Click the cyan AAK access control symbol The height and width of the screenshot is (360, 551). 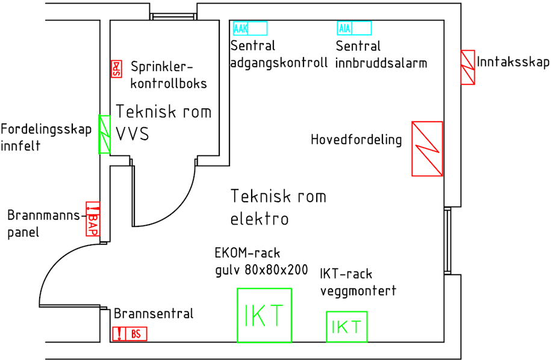249,28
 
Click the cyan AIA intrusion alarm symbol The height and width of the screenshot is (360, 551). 353,28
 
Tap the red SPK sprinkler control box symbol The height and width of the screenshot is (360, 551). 117,69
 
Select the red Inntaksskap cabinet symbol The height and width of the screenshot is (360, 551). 468,67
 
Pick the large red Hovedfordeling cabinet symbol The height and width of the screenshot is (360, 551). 427,149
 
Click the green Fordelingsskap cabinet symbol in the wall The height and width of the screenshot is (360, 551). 105,134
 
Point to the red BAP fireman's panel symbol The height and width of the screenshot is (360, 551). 93,219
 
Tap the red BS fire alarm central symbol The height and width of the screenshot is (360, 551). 129,334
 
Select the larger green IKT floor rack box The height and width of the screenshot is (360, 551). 264,315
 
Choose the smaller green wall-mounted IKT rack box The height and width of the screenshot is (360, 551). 346,327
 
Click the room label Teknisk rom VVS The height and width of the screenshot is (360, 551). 163,122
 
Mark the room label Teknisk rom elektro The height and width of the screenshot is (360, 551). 278,207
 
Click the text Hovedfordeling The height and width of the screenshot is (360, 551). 356,140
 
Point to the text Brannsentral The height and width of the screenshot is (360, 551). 154,314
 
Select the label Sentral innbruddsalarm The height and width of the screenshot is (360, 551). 381,55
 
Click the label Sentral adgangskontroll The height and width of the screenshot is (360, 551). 279,54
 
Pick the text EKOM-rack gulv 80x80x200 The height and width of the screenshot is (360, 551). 261,261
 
